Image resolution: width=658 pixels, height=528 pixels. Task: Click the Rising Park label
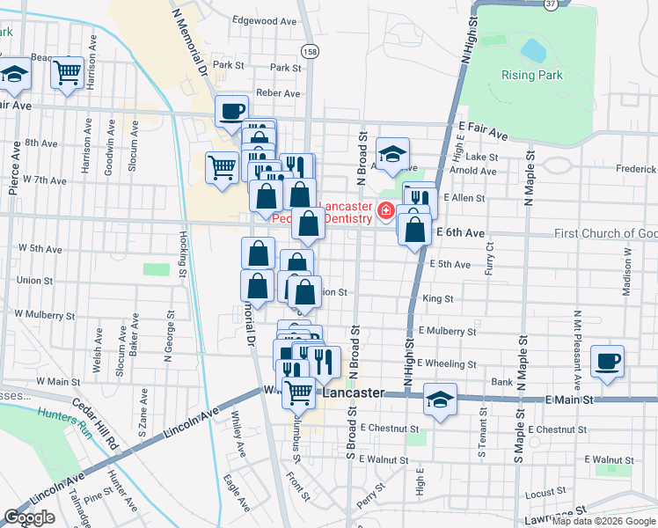pos(531,75)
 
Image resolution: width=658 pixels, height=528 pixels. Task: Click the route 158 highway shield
pos(310,51)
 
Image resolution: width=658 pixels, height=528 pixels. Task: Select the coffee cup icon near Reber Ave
pos(231,112)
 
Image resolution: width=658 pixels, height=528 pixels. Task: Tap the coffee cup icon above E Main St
pos(607,361)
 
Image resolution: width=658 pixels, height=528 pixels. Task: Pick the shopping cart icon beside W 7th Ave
pos(222,165)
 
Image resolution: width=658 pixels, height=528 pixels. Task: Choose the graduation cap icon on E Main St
pos(440,399)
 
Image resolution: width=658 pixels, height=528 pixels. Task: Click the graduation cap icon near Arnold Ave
pos(393,153)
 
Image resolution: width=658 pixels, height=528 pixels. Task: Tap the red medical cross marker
pos(385,211)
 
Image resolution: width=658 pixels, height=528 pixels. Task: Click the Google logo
pos(29,517)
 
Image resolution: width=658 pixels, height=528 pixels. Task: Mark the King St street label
pos(437,299)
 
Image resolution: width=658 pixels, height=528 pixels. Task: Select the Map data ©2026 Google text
pos(603,521)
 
